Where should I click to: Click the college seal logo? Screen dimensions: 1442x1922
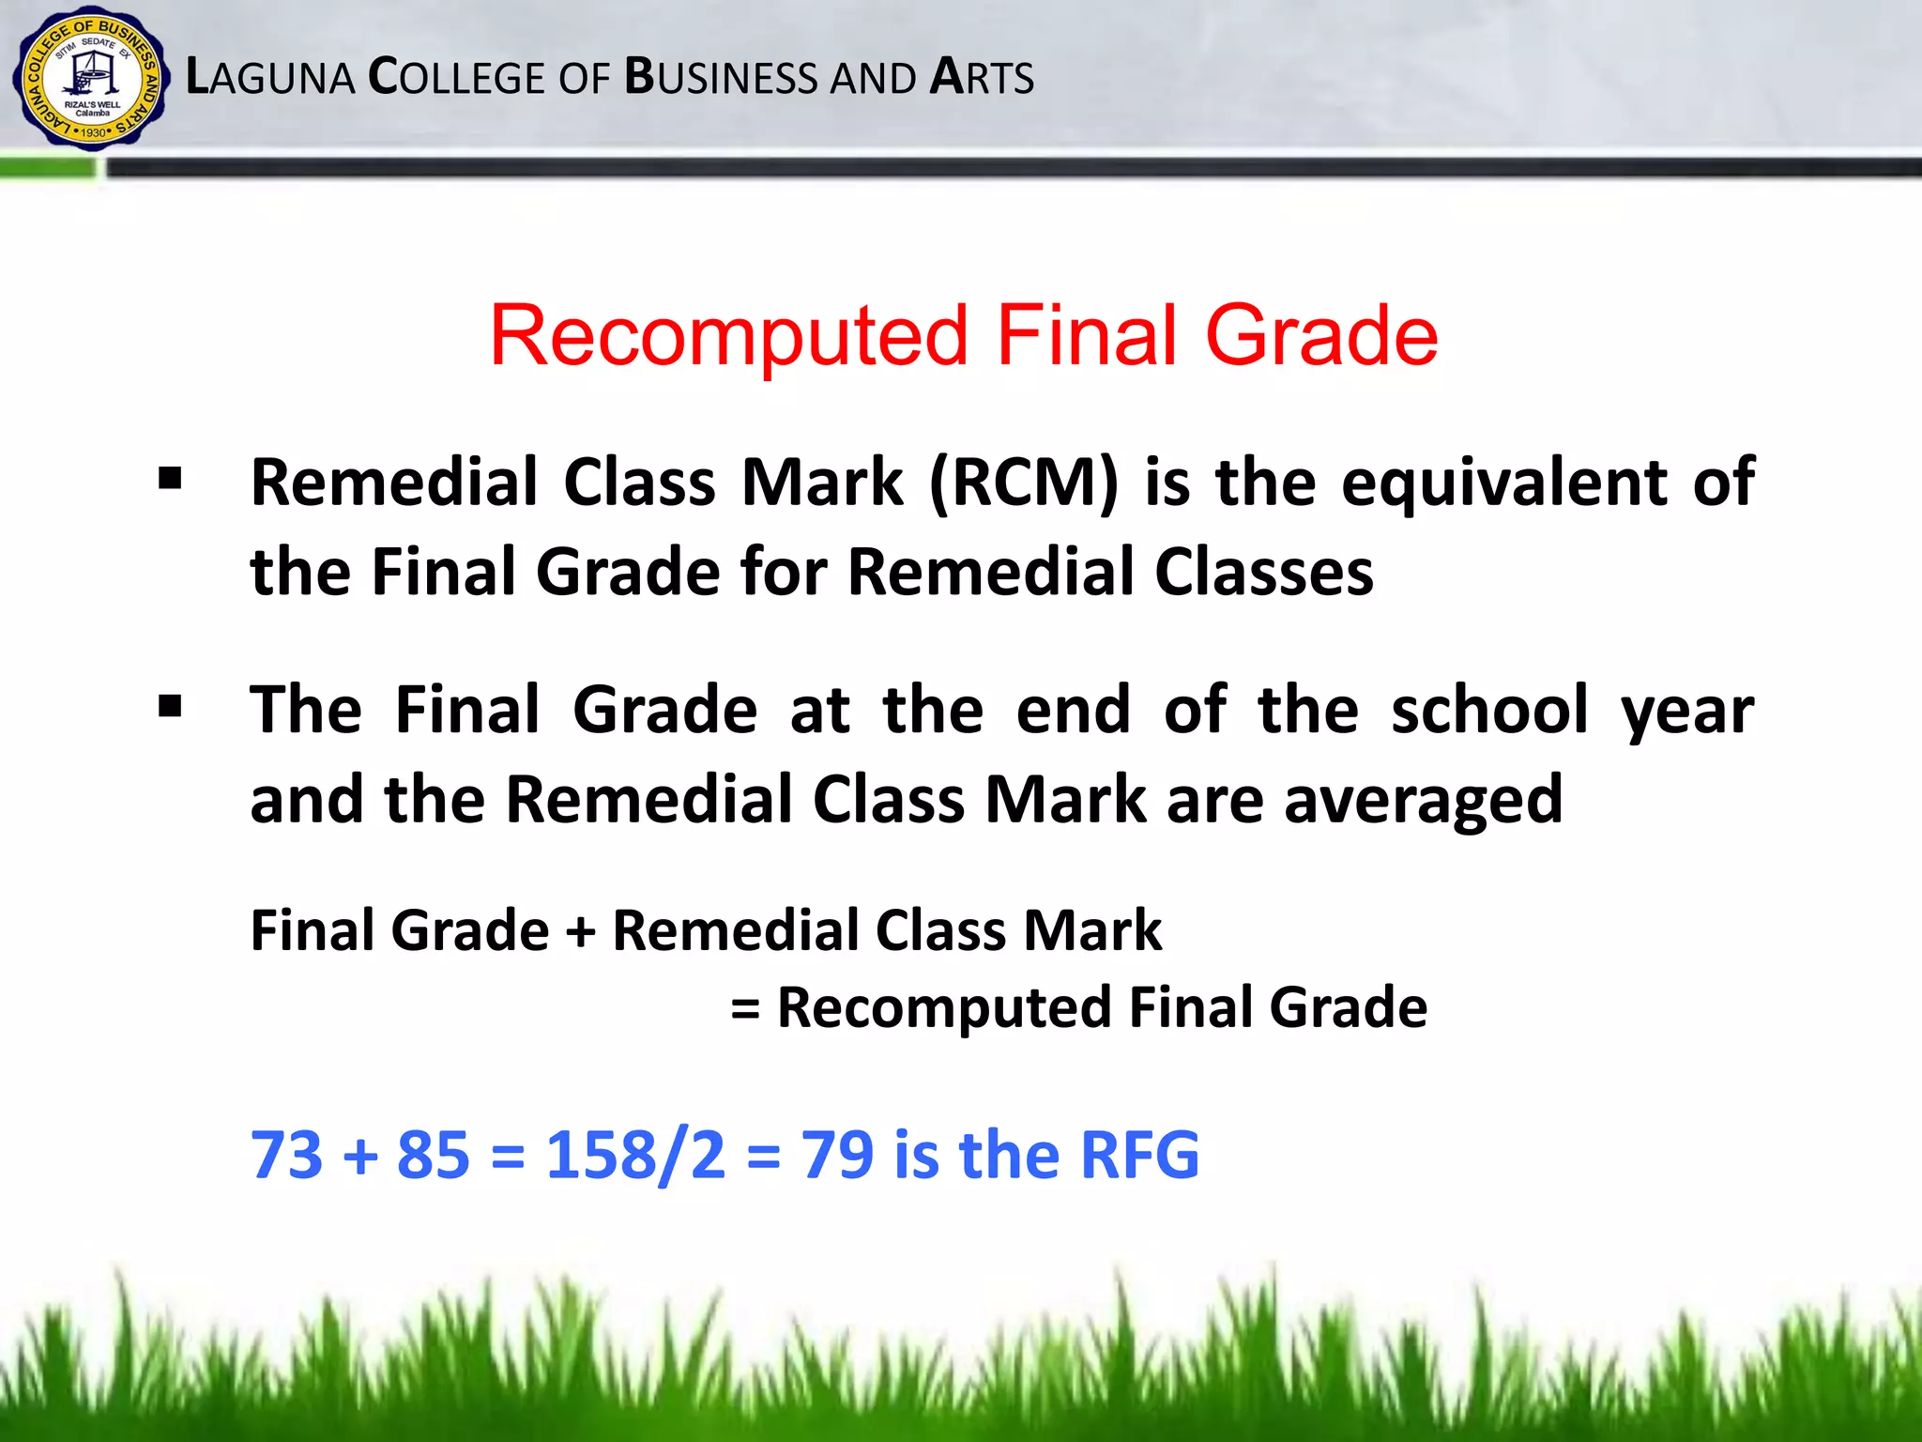tap(91, 79)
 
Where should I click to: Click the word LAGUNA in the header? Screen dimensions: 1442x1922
tap(270, 78)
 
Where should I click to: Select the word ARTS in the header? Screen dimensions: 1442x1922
tap(982, 78)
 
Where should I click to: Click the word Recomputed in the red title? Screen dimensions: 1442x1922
tap(728, 335)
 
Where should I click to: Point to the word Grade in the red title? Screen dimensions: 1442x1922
tap(1321, 335)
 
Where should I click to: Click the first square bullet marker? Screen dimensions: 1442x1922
tap(170, 480)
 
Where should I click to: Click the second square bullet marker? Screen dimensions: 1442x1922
tap(170, 706)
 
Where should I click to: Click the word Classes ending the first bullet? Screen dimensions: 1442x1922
tap(1263, 572)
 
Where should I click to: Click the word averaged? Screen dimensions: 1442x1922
tap(1423, 801)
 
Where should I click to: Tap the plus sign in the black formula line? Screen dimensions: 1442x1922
tap(581, 932)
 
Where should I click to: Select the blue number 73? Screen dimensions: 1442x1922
tap(286, 1155)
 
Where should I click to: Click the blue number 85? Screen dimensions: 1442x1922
tap(433, 1155)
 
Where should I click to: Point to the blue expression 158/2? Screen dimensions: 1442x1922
tap(635, 1155)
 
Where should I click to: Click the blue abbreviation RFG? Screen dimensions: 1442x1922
tap(1139, 1155)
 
